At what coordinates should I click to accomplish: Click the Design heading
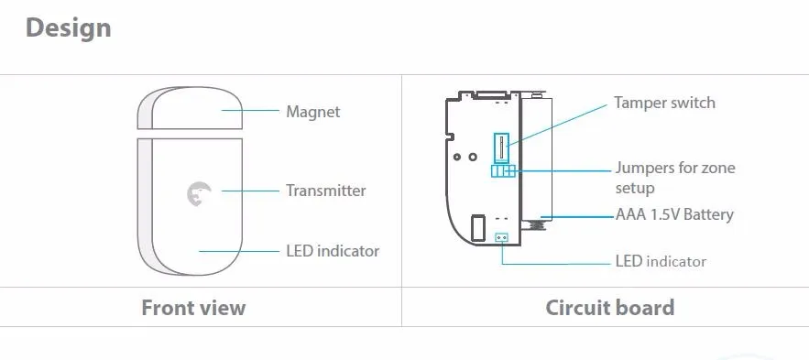[69, 28]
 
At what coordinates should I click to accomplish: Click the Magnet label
[312, 112]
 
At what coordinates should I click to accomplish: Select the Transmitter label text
[325, 191]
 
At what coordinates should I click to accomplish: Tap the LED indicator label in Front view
[332, 250]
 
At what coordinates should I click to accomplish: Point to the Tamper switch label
[664, 103]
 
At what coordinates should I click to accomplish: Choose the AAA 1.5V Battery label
[674, 215]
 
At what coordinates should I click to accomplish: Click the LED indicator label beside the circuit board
[660, 261]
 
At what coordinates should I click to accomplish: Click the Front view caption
[193, 307]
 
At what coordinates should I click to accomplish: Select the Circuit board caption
[609, 307]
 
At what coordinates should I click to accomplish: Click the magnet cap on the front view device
[191, 108]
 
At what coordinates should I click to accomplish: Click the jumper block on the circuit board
[503, 170]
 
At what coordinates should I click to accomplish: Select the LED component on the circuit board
[501, 237]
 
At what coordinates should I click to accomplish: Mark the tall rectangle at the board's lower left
[476, 227]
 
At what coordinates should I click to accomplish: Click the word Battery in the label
[706, 215]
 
